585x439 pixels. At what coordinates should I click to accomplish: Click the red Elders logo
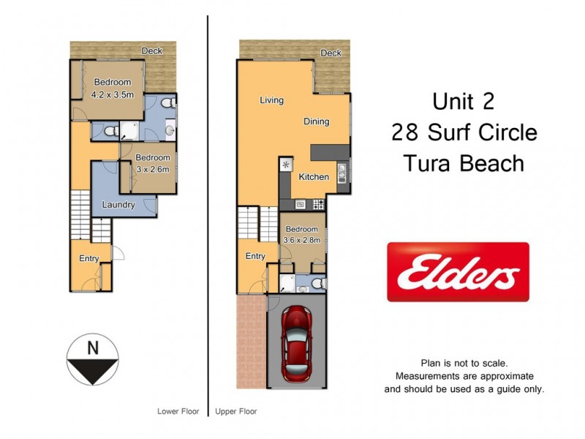pos(458,271)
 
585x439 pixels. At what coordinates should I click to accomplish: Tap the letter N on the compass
pos(93,349)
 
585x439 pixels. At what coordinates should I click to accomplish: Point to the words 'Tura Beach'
pos(464,162)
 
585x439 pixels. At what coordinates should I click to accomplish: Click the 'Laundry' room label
pos(118,205)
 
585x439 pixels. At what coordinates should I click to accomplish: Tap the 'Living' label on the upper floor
pos(271,100)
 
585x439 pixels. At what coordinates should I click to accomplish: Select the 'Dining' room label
pos(317,121)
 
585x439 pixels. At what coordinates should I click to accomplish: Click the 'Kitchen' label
pos(314,177)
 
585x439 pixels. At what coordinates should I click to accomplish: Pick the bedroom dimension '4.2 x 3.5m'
pos(112,94)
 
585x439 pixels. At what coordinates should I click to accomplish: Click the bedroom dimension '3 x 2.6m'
pos(153,169)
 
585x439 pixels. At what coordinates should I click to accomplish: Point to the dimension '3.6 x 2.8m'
pos(302,239)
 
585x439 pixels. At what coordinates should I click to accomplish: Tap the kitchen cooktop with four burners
pos(317,204)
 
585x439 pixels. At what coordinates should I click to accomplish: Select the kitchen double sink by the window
pos(341,169)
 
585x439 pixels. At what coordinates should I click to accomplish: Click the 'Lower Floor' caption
pos(178,411)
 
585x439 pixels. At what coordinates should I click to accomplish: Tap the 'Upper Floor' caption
pos(236,411)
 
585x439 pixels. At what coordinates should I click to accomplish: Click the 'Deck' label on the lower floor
pos(151,50)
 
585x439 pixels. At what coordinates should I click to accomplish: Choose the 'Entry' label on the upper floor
pos(255,256)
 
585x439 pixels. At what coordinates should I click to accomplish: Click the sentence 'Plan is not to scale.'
pos(464,363)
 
